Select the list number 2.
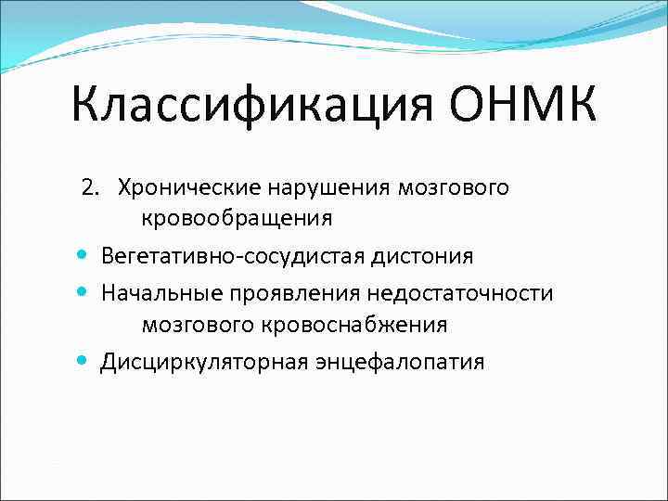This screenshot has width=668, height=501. (89, 188)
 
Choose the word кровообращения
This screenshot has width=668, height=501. (237, 218)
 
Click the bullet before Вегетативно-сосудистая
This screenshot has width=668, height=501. (83, 254)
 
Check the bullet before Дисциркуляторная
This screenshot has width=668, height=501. (83, 361)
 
